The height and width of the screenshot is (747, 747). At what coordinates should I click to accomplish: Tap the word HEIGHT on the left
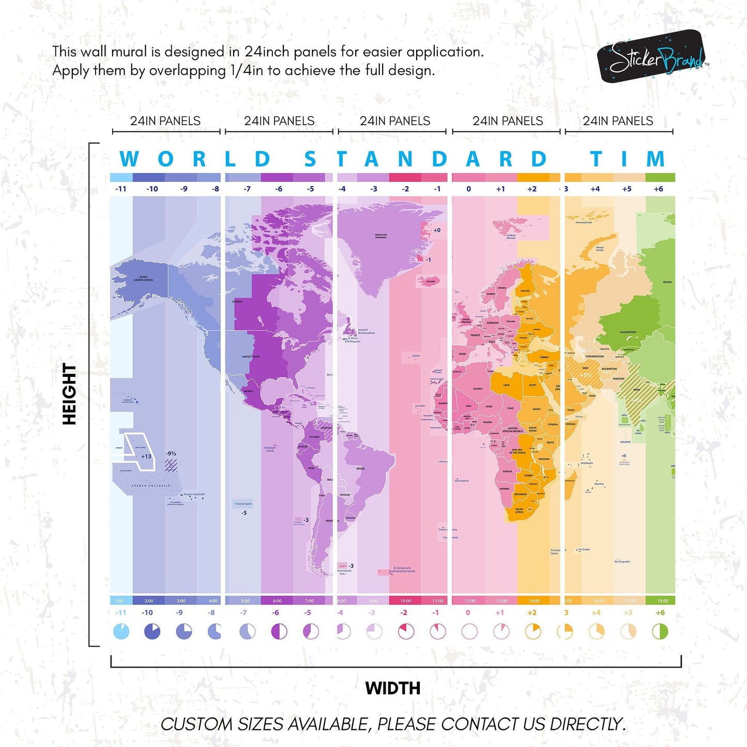tap(69, 393)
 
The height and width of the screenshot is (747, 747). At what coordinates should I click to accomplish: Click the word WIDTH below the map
tap(392, 688)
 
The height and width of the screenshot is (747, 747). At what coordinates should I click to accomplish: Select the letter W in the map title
tap(129, 159)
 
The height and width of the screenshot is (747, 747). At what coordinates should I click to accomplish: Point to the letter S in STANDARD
tap(310, 159)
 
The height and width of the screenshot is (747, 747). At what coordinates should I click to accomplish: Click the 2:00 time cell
tap(149, 601)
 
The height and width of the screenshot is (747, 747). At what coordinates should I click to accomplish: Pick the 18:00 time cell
tap(662, 601)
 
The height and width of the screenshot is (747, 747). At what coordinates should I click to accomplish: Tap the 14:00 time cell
tap(534, 601)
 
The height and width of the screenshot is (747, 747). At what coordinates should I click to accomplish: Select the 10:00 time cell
tap(406, 601)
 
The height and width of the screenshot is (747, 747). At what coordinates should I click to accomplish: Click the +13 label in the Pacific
tap(146, 456)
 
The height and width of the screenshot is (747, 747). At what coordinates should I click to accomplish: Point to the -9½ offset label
tap(171, 453)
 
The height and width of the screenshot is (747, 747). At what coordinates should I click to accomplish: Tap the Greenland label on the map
tap(380, 236)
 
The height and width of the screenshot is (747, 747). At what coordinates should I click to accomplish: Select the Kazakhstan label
tap(628, 332)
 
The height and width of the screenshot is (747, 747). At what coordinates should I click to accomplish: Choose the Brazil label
tap(360, 468)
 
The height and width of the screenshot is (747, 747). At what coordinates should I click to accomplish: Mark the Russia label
tap(667, 282)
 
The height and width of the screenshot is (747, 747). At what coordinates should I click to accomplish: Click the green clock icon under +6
tap(660, 631)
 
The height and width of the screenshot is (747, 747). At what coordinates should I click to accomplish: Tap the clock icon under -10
tap(152, 631)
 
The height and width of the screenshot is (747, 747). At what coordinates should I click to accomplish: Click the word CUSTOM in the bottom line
tap(196, 724)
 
